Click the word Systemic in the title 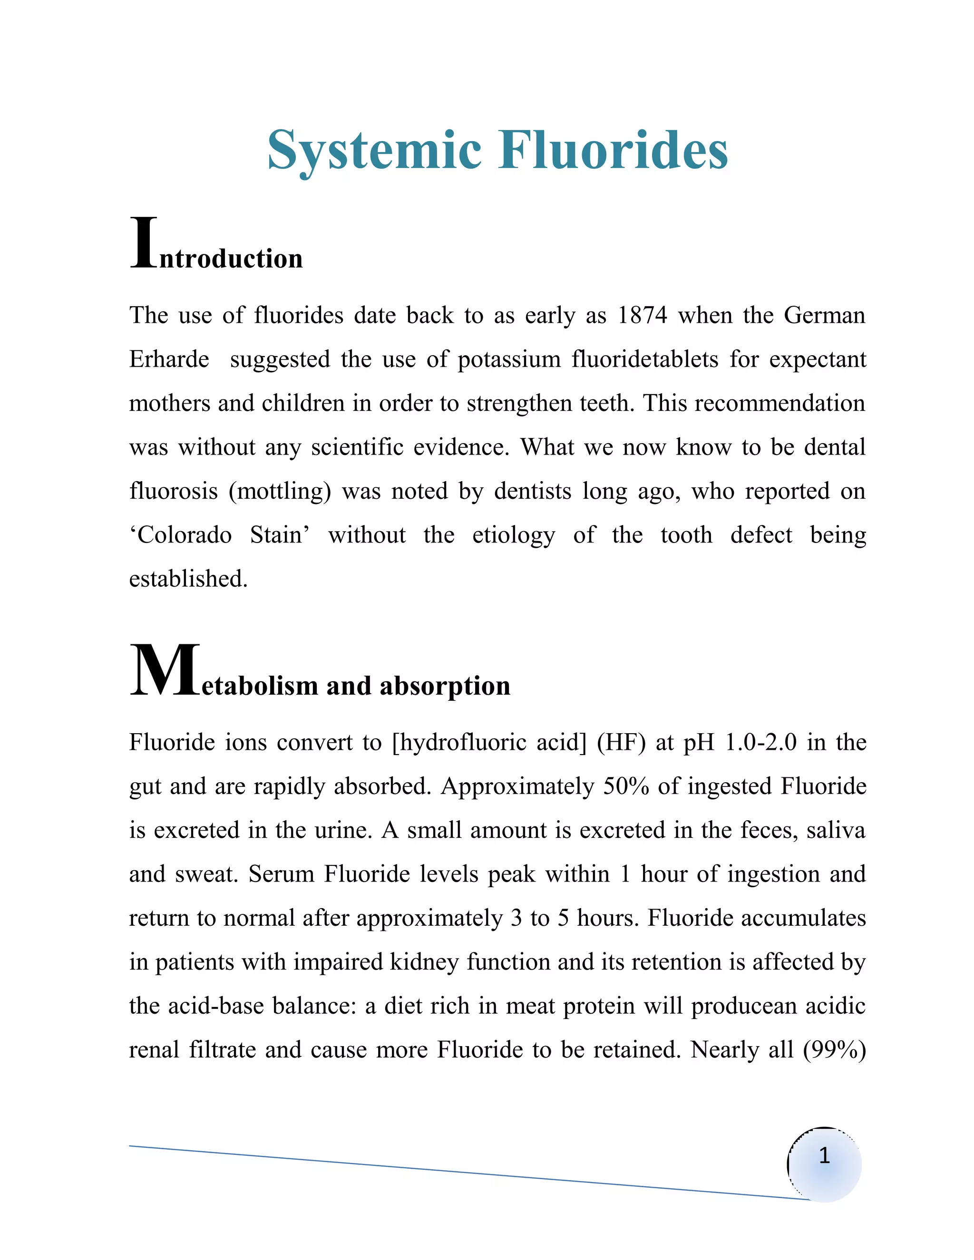coord(374,151)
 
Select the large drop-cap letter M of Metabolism coord(165,670)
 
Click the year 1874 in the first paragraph coord(642,316)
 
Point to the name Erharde coord(169,359)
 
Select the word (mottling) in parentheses coord(280,492)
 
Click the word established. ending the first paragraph coord(188,579)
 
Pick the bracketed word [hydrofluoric coord(459,743)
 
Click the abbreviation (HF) coord(621,743)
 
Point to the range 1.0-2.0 coord(760,743)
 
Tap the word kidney coord(425,962)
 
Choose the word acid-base coord(215,1006)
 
